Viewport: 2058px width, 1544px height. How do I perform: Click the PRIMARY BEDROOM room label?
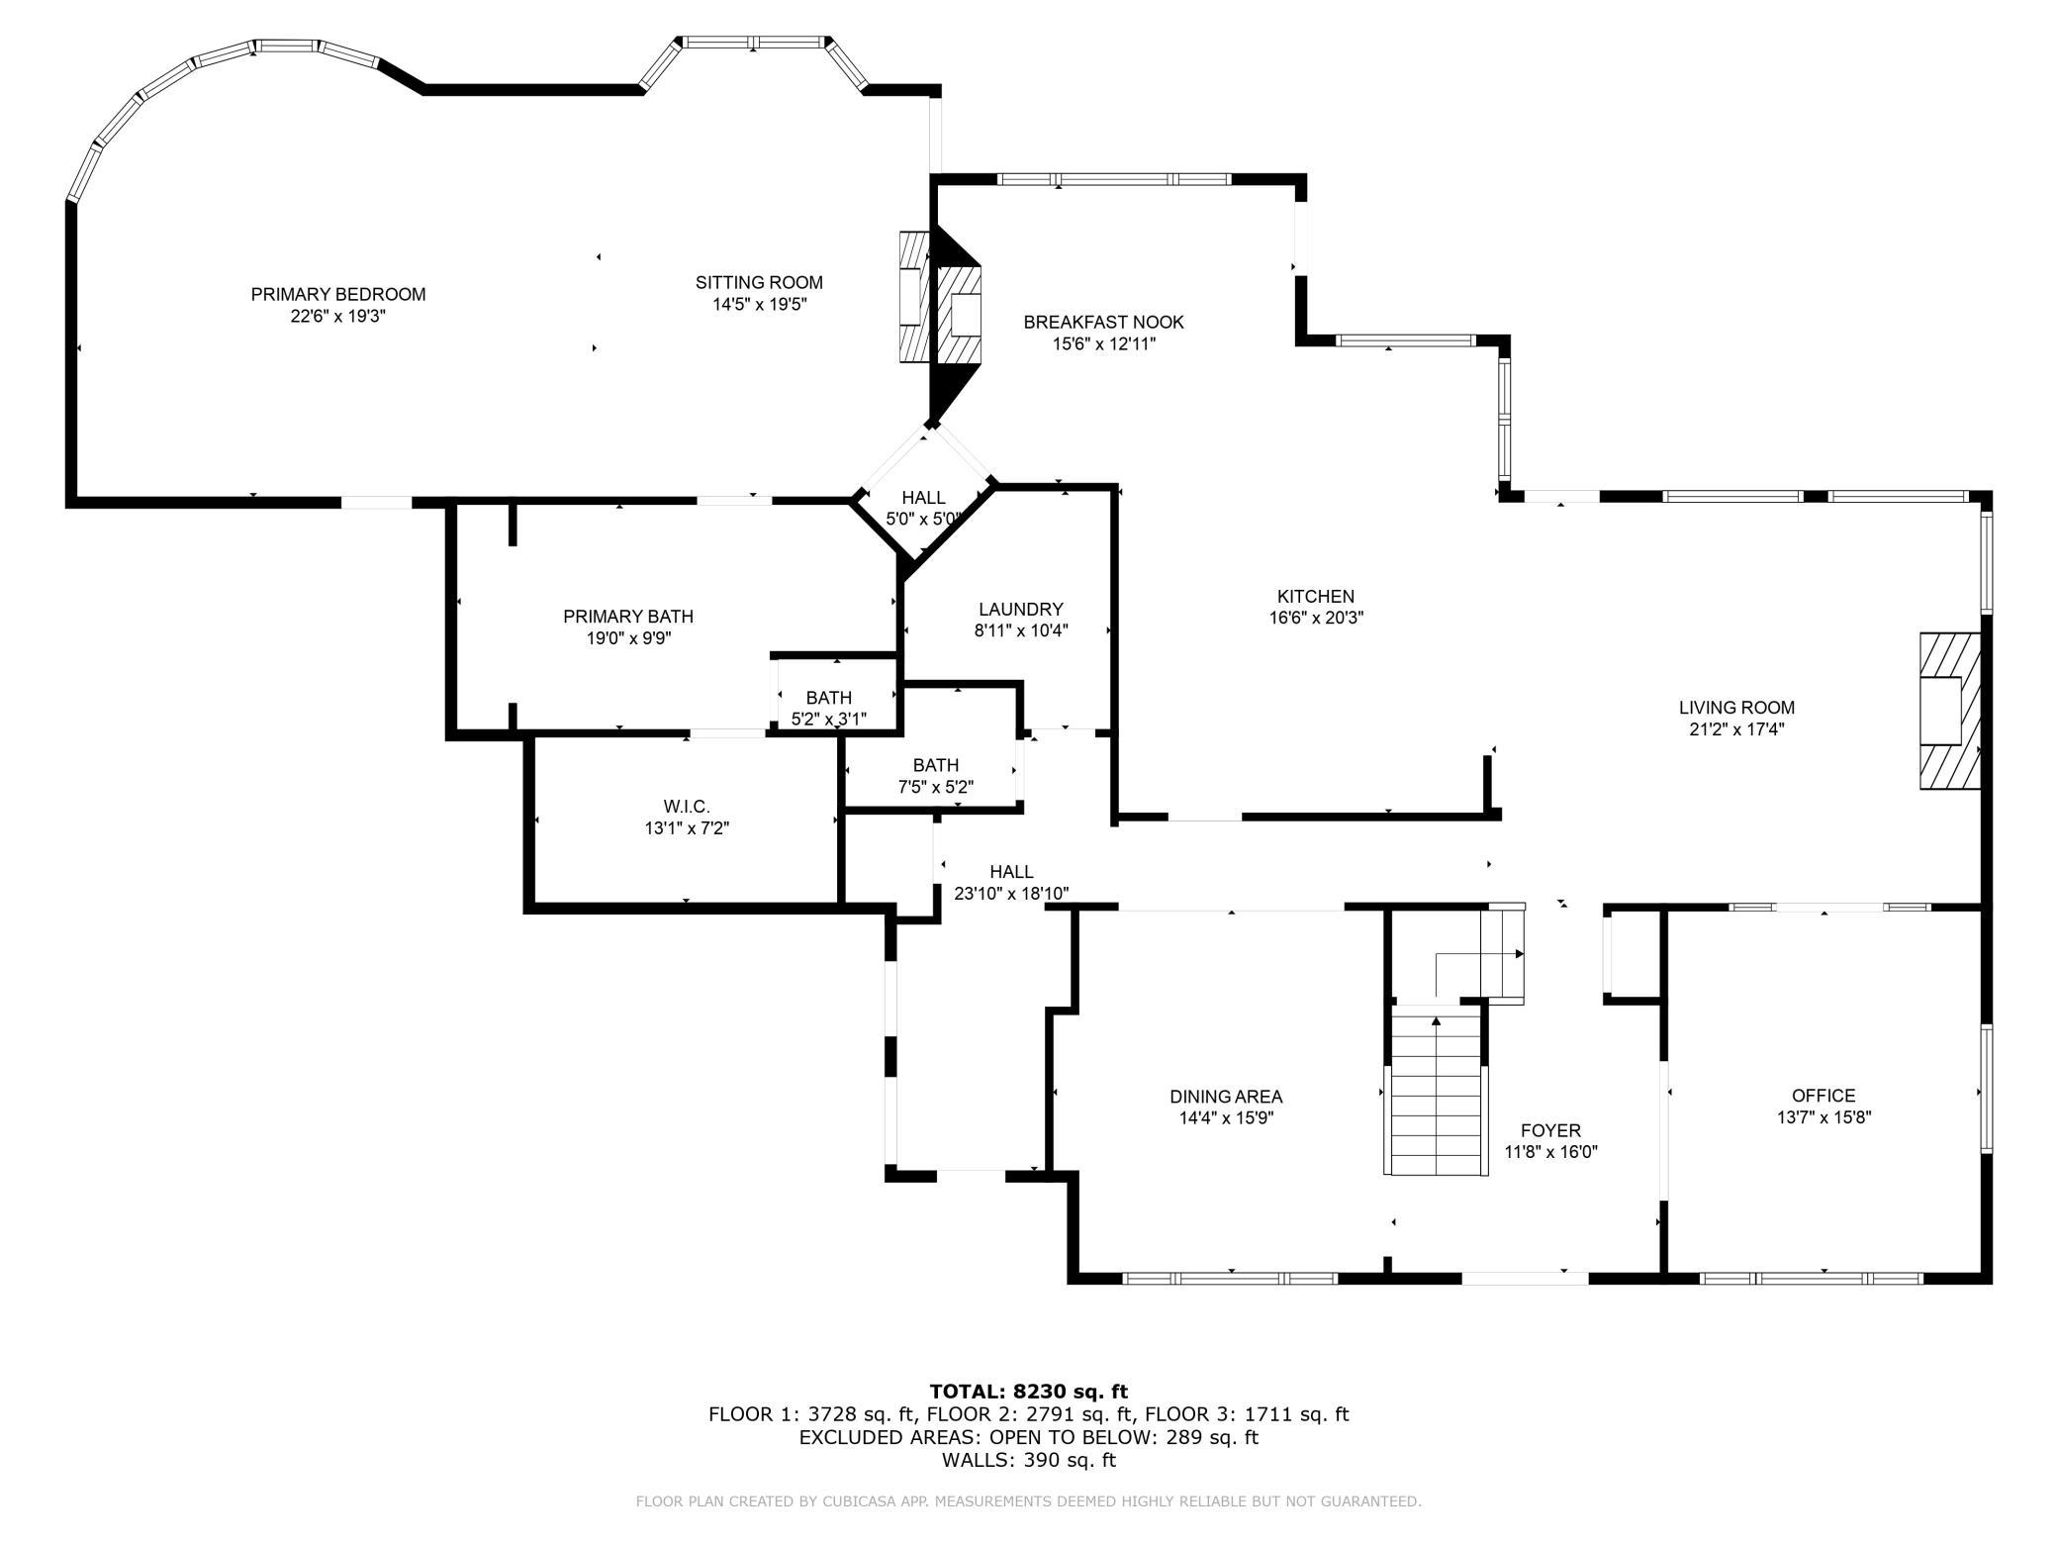point(337,294)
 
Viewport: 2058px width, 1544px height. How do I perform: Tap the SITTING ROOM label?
point(759,283)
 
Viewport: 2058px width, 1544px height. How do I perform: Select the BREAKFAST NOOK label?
point(1103,322)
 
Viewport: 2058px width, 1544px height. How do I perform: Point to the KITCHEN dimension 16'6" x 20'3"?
point(1315,618)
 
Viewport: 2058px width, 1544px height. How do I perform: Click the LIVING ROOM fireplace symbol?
point(1950,711)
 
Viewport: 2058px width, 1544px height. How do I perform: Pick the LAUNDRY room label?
point(1021,609)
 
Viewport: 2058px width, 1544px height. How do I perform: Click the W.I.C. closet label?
point(687,807)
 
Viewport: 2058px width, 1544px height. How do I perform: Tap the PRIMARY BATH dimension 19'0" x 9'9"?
point(628,638)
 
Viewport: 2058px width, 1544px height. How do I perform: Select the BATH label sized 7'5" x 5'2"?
point(936,765)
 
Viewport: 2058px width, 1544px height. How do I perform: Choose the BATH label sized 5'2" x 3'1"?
point(828,698)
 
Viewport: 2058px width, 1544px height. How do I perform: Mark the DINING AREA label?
point(1226,1097)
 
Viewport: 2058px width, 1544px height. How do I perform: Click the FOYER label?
point(1550,1130)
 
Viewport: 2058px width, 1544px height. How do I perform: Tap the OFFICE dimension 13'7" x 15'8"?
point(1824,1117)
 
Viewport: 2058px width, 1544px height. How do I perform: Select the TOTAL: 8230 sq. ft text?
point(1029,1392)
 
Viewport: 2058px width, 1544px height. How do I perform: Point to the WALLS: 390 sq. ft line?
point(1029,1460)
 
